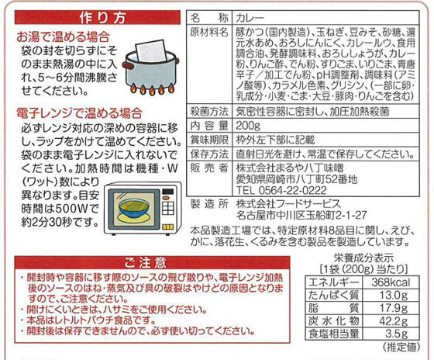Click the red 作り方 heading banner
pyautogui.click(x=98, y=18)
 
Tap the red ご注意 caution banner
pyautogui.click(x=152, y=262)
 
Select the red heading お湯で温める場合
pyautogui.click(x=63, y=37)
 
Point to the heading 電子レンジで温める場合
pyautogui.click(x=79, y=113)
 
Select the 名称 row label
pyautogui.click(x=209, y=18)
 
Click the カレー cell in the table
pyautogui.click(x=250, y=18)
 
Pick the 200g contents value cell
pyautogui.click(x=248, y=126)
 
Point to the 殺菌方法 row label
pyautogui.click(x=209, y=112)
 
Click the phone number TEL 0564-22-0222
pyautogui.click(x=281, y=190)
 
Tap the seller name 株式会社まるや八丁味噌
pyautogui.click(x=290, y=168)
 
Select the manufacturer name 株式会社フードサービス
pyautogui.click(x=288, y=204)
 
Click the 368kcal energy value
pyautogui.click(x=391, y=282)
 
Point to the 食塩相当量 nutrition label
pyautogui.click(x=334, y=334)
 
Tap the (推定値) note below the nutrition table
pyautogui.click(x=401, y=347)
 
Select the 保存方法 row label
pyautogui.click(x=209, y=154)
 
